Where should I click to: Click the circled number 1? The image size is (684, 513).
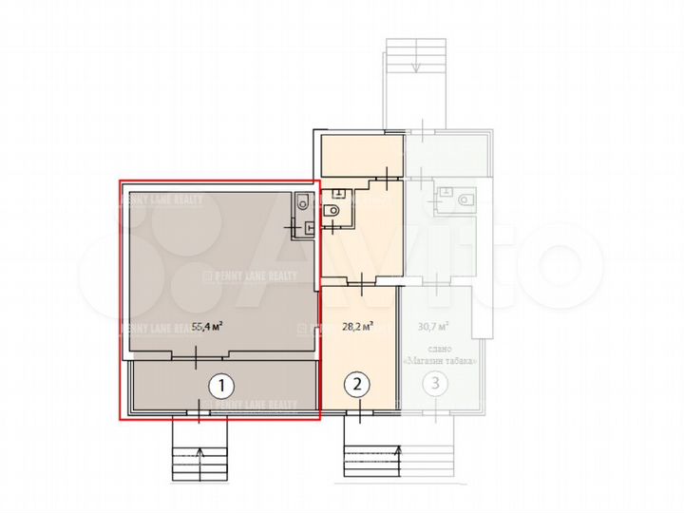click(220, 386)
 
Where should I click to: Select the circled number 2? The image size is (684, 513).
click(357, 386)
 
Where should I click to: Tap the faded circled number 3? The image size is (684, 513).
click(435, 386)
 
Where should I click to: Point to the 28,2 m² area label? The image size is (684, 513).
click(356, 328)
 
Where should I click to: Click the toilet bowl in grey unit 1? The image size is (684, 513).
click(301, 201)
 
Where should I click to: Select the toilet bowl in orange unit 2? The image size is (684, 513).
click(332, 212)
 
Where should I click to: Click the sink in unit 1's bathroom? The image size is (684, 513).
click(308, 228)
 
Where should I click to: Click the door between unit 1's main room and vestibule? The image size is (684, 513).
click(196, 357)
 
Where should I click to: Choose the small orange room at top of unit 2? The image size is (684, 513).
click(361, 154)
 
